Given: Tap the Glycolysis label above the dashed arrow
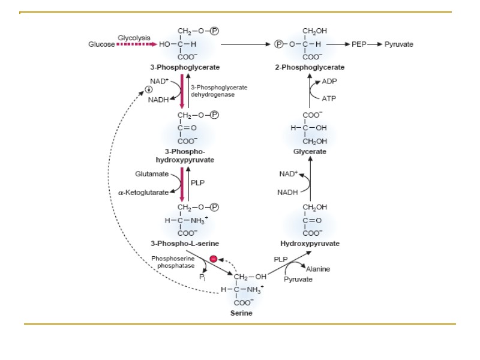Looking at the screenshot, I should point(134,37).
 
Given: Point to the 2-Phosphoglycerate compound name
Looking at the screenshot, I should point(310,67).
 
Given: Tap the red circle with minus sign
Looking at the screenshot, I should point(213,260).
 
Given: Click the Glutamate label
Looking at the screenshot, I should point(151,174).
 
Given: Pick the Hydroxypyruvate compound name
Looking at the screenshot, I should point(310,244).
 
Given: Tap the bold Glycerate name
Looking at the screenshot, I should point(310,152).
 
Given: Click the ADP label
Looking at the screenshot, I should point(329,81).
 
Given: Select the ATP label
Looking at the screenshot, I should point(329,98).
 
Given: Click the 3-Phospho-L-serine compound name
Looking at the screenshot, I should point(184,244).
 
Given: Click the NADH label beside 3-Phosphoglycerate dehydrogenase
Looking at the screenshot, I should point(158,100).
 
